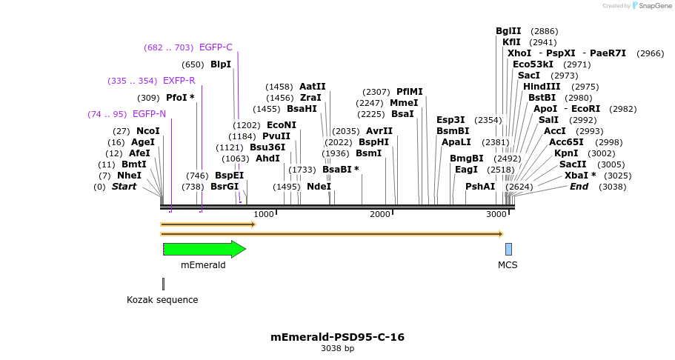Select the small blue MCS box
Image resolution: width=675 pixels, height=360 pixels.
[508, 249]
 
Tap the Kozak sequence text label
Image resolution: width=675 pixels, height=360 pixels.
[162, 300]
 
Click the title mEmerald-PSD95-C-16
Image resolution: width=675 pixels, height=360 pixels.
[337, 337]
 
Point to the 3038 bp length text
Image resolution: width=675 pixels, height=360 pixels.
[337, 348]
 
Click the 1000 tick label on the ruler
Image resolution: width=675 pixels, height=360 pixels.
[264, 214]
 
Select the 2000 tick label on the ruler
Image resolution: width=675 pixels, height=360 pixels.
[379, 214]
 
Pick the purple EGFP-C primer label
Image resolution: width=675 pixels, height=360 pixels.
[216, 47]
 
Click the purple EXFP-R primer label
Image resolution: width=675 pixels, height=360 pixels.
[179, 81]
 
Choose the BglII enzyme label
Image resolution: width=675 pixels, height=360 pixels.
[508, 31]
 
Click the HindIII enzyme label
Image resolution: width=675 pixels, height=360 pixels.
[542, 87]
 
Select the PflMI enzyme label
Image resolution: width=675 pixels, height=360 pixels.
[410, 92]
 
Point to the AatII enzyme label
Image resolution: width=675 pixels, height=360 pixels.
[313, 87]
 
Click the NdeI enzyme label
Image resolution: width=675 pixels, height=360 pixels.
[319, 187]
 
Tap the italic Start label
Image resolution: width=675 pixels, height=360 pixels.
[124, 187]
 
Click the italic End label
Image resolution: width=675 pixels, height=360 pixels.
[579, 187]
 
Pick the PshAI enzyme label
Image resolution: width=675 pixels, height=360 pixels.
[480, 187]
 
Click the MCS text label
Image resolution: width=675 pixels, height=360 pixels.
[508, 264]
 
